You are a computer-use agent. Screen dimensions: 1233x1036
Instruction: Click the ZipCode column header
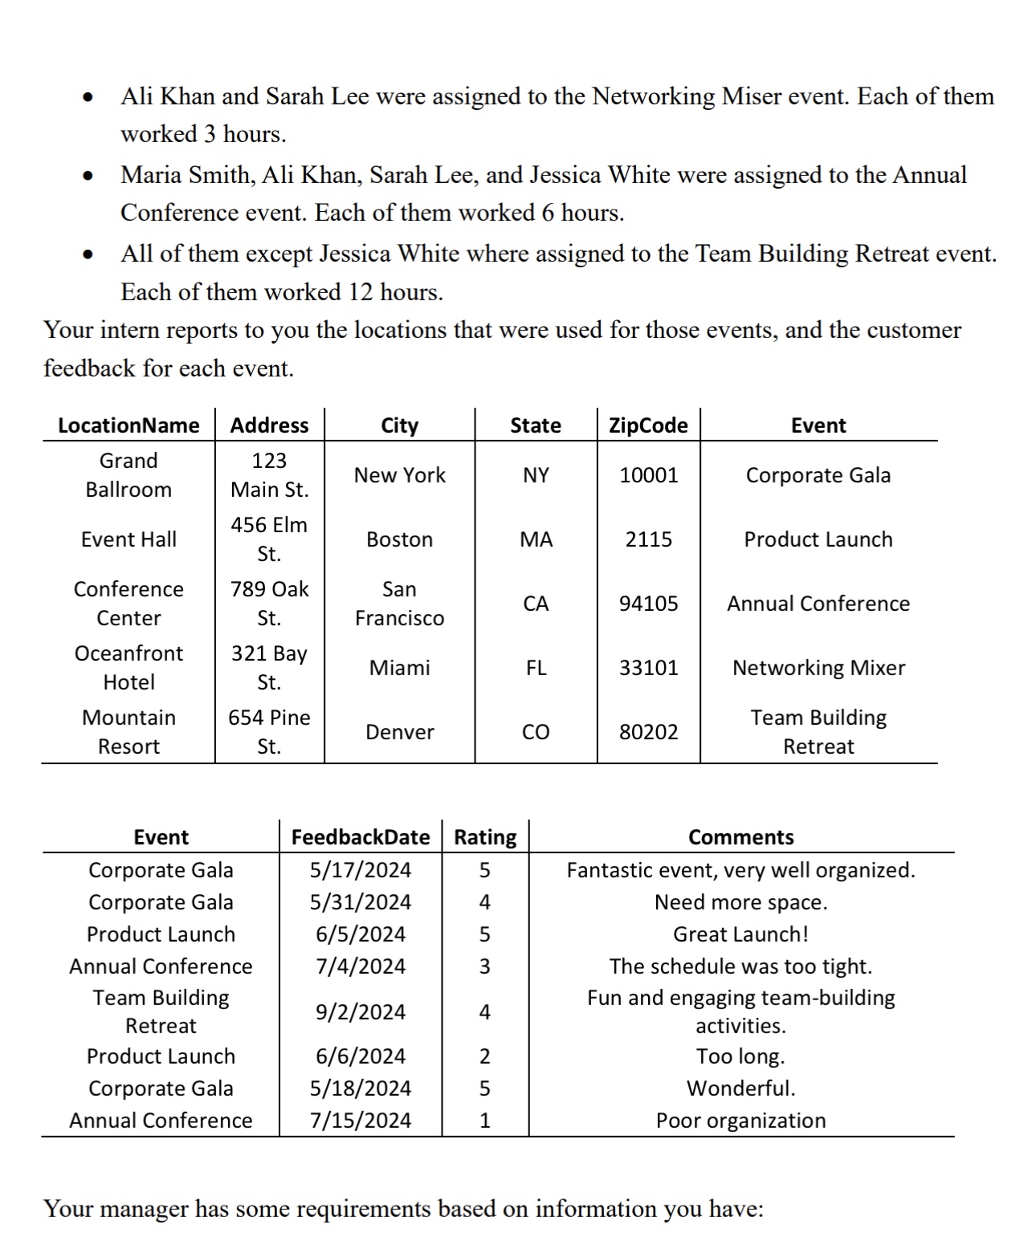(648, 425)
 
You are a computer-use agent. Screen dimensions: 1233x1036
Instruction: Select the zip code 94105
(648, 604)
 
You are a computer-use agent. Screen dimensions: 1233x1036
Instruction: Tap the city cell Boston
(399, 539)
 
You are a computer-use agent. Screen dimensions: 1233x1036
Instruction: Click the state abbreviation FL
(536, 668)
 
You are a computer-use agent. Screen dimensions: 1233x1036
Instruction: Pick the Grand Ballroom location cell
(128, 475)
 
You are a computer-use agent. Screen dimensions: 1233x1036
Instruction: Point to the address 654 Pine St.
(269, 732)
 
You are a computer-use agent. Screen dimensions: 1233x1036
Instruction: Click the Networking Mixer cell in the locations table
(818, 668)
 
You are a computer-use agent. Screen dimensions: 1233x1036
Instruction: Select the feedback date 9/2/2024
(360, 1012)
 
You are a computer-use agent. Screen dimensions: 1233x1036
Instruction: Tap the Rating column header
(485, 837)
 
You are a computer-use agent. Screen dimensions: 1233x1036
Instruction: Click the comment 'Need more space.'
(740, 902)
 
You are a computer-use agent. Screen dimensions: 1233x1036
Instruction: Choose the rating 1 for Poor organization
(484, 1121)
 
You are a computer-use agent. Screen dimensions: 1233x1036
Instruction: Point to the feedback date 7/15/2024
(360, 1121)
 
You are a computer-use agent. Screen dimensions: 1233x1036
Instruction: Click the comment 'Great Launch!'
(740, 934)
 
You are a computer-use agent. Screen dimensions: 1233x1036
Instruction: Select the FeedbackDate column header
(360, 837)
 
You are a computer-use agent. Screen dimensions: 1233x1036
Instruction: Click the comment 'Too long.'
(740, 1056)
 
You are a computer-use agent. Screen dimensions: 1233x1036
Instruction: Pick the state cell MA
(536, 539)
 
